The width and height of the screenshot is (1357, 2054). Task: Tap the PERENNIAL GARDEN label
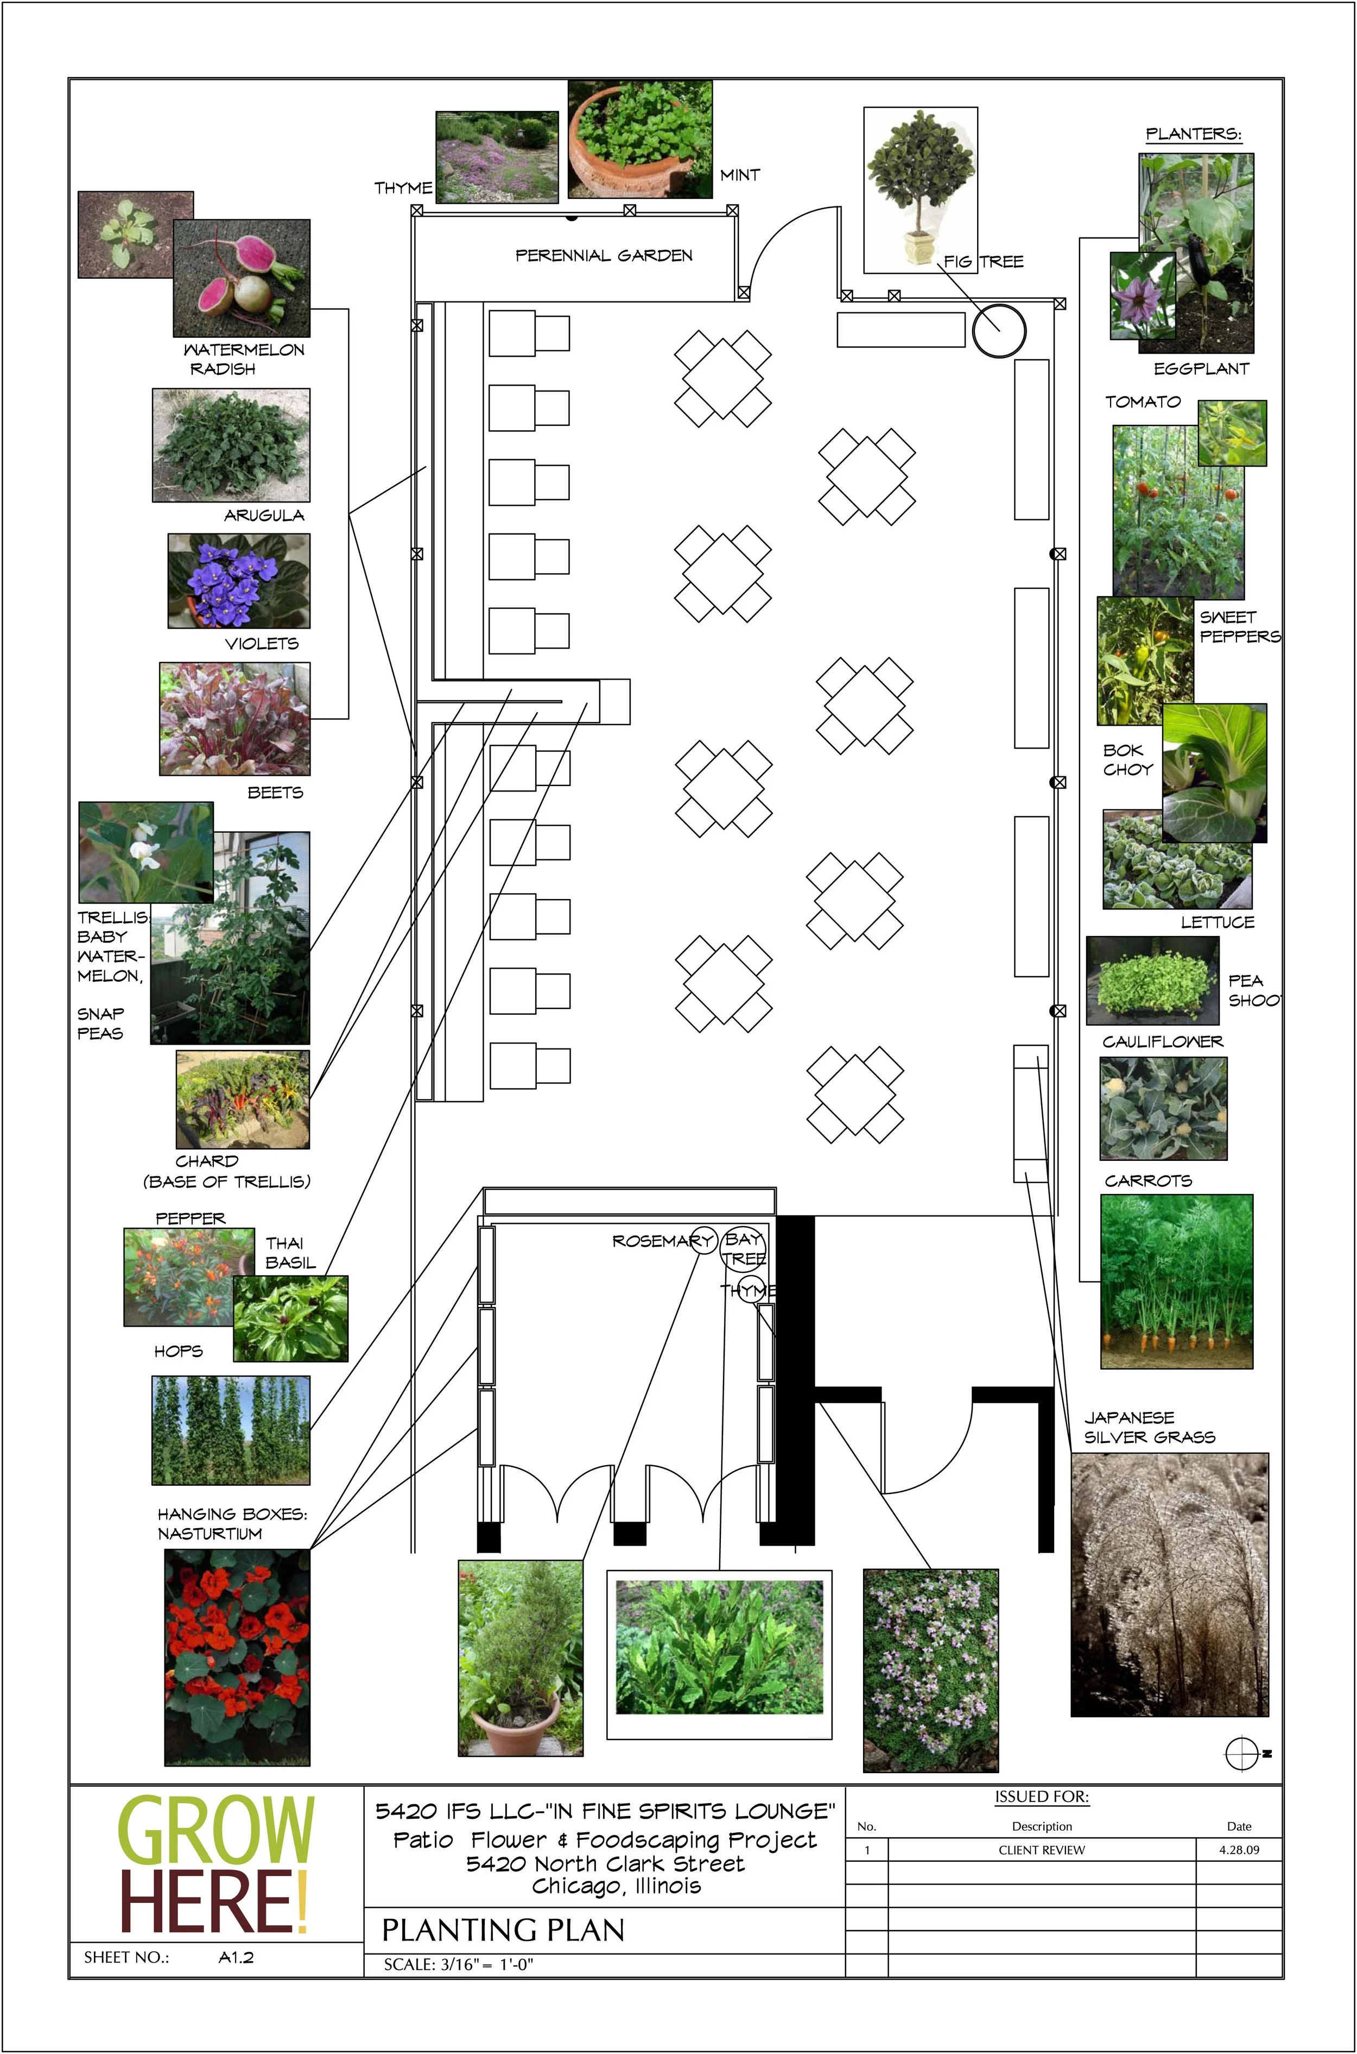pyautogui.click(x=604, y=255)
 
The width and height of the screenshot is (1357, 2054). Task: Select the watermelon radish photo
pyautogui.click(x=242, y=279)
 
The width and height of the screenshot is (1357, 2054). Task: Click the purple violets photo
pyautogui.click(x=239, y=580)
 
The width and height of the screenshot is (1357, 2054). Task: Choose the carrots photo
pyautogui.click(x=1176, y=1281)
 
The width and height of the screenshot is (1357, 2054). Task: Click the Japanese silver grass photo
pyautogui.click(x=1169, y=1584)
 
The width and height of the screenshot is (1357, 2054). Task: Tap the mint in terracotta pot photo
pyautogui.click(x=639, y=140)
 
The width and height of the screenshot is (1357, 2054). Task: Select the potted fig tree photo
pyautogui.click(x=920, y=190)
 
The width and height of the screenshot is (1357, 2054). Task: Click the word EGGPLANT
pyautogui.click(x=1201, y=369)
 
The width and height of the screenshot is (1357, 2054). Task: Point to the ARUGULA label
pyautogui.click(x=264, y=515)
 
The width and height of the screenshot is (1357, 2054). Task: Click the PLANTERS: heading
pyautogui.click(x=1194, y=134)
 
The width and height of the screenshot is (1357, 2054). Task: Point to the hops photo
pyautogui.click(x=230, y=1430)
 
